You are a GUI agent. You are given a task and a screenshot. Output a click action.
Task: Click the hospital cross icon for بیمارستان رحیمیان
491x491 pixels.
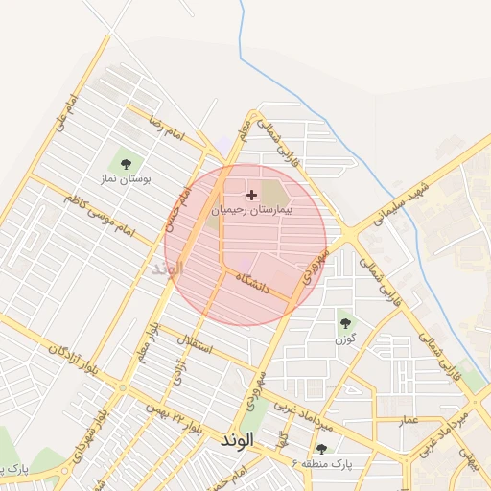click(x=252, y=195)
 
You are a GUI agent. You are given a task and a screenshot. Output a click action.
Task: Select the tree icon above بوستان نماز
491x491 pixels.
click(x=126, y=163)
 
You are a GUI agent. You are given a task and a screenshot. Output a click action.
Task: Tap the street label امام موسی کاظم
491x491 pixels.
click(x=101, y=213)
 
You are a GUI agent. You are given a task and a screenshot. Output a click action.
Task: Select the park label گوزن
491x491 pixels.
click(x=345, y=339)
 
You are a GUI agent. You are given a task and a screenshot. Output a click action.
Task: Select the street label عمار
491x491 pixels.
click(x=409, y=419)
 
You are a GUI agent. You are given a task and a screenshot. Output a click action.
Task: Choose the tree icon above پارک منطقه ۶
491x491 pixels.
click(x=321, y=448)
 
